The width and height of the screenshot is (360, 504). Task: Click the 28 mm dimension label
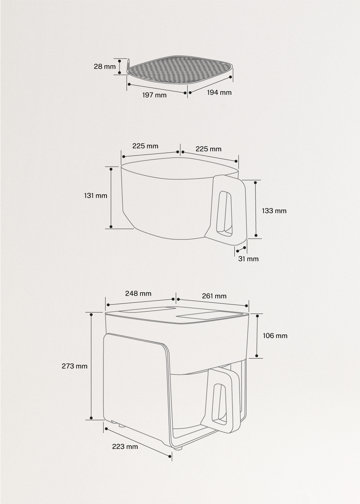105,67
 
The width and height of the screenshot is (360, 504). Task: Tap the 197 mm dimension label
154,95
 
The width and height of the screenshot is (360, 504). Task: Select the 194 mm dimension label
219,93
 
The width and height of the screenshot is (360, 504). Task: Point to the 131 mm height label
96,196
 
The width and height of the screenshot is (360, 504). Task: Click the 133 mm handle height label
274,211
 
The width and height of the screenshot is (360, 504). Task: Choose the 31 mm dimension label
248,259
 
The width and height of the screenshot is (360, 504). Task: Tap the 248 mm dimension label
138,293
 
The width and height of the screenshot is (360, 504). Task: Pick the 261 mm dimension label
214,296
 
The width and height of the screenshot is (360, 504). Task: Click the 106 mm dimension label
275,336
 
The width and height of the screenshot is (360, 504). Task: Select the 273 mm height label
75,366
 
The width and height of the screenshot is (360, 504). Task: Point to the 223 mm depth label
125,447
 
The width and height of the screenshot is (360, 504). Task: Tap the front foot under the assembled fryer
178,449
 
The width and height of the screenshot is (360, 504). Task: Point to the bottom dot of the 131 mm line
111,227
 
